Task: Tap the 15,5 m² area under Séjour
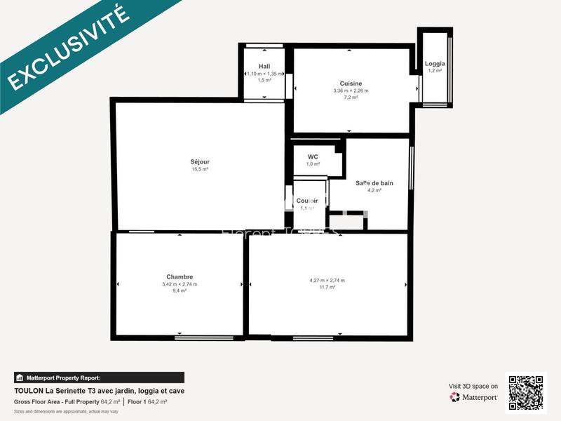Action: click(x=200, y=169)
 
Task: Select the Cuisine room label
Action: click(x=351, y=83)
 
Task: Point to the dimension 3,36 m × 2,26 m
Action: click(x=351, y=91)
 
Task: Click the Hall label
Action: click(x=264, y=66)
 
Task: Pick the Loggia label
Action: click(x=435, y=63)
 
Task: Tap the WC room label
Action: click(x=313, y=156)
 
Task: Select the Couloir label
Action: click(x=309, y=200)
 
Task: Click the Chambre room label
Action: click(x=180, y=276)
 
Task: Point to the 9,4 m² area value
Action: click(x=180, y=290)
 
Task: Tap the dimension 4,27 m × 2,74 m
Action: click(x=327, y=280)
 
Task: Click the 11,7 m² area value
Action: click(x=327, y=287)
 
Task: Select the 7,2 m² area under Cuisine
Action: click(x=351, y=98)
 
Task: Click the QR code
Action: click(x=525, y=392)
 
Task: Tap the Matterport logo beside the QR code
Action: click(x=474, y=397)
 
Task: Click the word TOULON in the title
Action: click(x=28, y=391)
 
